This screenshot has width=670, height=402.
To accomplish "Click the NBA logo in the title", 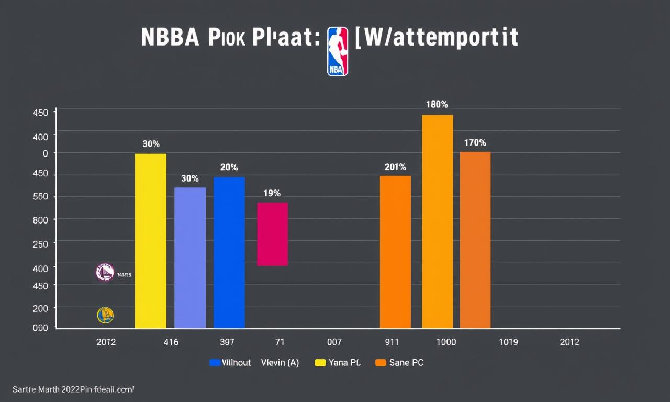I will (x=338, y=52).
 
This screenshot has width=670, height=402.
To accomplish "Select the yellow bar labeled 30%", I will (x=150, y=241).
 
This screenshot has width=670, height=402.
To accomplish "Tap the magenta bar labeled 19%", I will (x=273, y=234).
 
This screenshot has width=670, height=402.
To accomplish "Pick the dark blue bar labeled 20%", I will (x=229, y=252).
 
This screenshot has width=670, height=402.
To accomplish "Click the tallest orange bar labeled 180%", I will (x=437, y=221).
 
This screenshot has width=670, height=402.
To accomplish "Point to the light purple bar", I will (x=190, y=258).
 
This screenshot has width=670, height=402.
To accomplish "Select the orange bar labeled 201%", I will (x=395, y=252).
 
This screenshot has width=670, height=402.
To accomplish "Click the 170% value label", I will (x=475, y=142).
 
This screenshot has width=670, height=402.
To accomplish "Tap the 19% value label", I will (x=272, y=193).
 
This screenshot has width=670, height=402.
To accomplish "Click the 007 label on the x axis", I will (x=334, y=342).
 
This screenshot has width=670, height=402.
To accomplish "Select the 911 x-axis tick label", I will (x=392, y=342).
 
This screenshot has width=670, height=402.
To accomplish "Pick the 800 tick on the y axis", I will (x=40, y=220).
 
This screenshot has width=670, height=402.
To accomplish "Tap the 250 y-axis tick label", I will (x=40, y=243).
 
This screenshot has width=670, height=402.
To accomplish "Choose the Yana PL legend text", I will (x=345, y=363).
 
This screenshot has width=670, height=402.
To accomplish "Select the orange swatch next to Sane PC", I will (x=381, y=363).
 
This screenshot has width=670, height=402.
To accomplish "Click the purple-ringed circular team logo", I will (x=105, y=272).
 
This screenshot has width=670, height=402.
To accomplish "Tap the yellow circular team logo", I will (x=105, y=315).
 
